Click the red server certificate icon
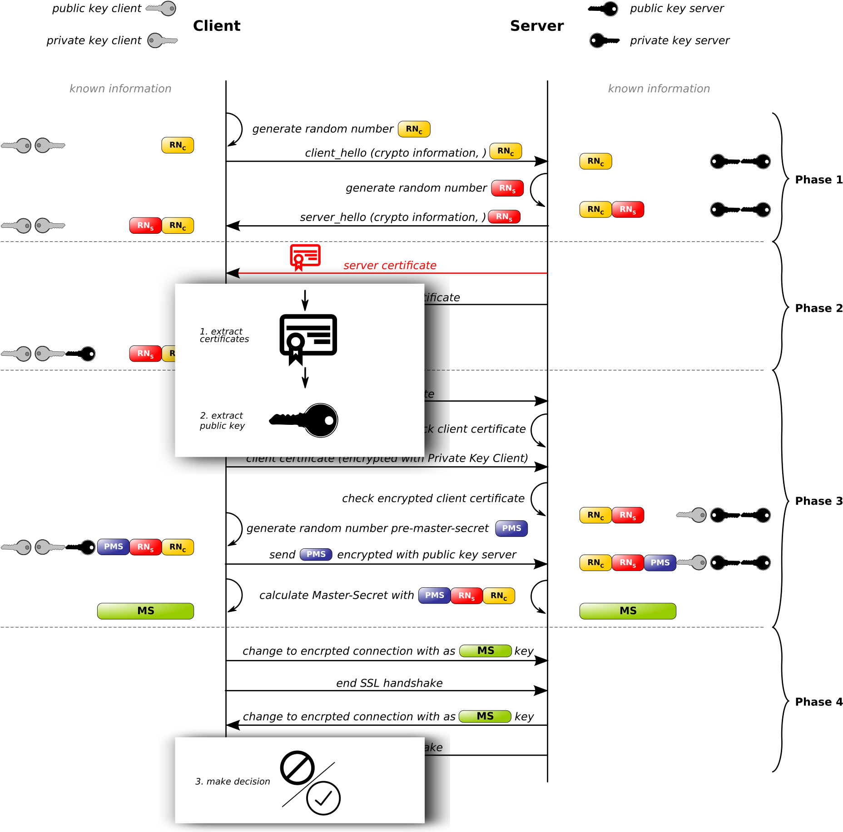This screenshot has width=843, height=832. coord(305,257)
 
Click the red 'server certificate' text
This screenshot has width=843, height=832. coord(390,266)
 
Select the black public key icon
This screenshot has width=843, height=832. coord(304,420)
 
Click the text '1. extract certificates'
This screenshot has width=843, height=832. coord(224,335)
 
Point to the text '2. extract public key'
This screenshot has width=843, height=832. coord(222,420)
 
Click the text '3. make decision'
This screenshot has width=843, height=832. coord(233,781)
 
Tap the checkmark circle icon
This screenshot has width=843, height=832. coord(323,798)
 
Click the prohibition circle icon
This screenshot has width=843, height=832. coord(298,768)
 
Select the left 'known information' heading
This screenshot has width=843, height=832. coord(120,89)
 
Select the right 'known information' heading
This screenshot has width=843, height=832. coord(659,89)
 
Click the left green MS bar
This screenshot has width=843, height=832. coord(145,611)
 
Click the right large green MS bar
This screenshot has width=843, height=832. coord(628,611)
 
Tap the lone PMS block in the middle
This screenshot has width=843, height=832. coord(316,554)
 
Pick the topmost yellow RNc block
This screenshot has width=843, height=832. coord(414,129)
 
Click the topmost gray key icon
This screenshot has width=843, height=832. coord(161,8)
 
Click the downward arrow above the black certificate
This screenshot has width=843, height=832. coord(305,300)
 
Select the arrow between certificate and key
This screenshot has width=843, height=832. coord(305,377)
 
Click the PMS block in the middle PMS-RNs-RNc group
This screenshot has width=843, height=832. coord(434,595)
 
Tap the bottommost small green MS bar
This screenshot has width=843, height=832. coord(485,716)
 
